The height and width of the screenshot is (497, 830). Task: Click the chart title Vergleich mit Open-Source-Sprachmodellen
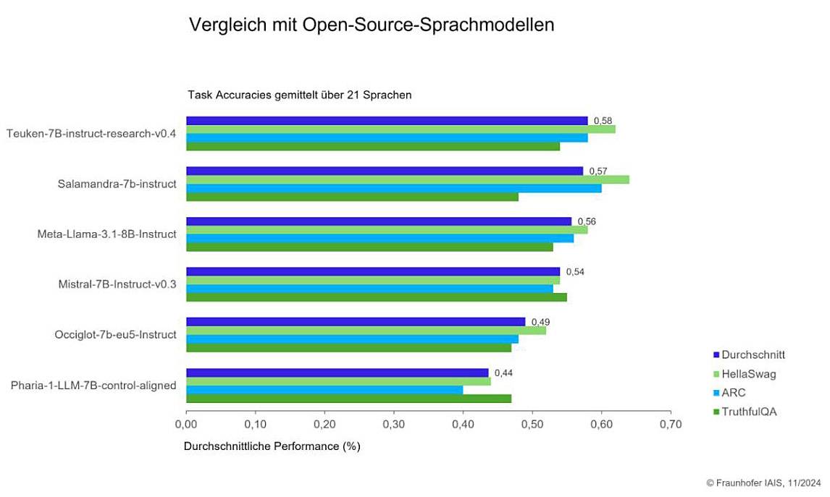pyautogui.click(x=371, y=25)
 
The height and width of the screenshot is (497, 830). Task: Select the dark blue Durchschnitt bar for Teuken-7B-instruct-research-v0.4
pyautogui.click(x=387, y=121)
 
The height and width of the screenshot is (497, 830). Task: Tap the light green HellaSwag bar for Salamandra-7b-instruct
pyautogui.click(x=407, y=179)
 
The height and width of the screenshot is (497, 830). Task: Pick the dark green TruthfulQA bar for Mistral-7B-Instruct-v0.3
pyautogui.click(x=376, y=297)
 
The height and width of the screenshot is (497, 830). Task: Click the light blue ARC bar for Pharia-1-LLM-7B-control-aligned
pyautogui.click(x=324, y=390)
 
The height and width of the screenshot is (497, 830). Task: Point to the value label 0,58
pyautogui.click(x=603, y=121)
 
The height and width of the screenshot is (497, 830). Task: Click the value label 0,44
pyautogui.click(x=503, y=373)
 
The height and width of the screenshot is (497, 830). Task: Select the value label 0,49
pyautogui.click(x=540, y=322)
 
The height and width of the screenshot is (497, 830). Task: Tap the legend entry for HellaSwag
pyautogui.click(x=748, y=374)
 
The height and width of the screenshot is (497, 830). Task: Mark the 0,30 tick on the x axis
pyautogui.click(x=393, y=424)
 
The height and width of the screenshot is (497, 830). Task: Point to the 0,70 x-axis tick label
pyautogui.click(x=671, y=424)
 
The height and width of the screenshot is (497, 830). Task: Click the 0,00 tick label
pyautogui.click(x=186, y=424)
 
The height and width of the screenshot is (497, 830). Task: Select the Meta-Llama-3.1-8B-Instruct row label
pyautogui.click(x=107, y=234)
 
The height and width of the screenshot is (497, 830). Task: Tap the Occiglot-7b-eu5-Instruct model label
pyautogui.click(x=116, y=335)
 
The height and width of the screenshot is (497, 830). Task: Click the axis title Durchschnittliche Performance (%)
pyautogui.click(x=272, y=446)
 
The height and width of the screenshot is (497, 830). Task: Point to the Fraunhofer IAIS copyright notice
pyautogui.click(x=763, y=483)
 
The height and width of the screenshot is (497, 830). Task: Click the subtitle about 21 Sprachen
pyautogui.click(x=300, y=95)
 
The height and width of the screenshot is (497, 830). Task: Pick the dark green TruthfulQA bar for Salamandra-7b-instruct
pyautogui.click(x=352, y=197)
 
